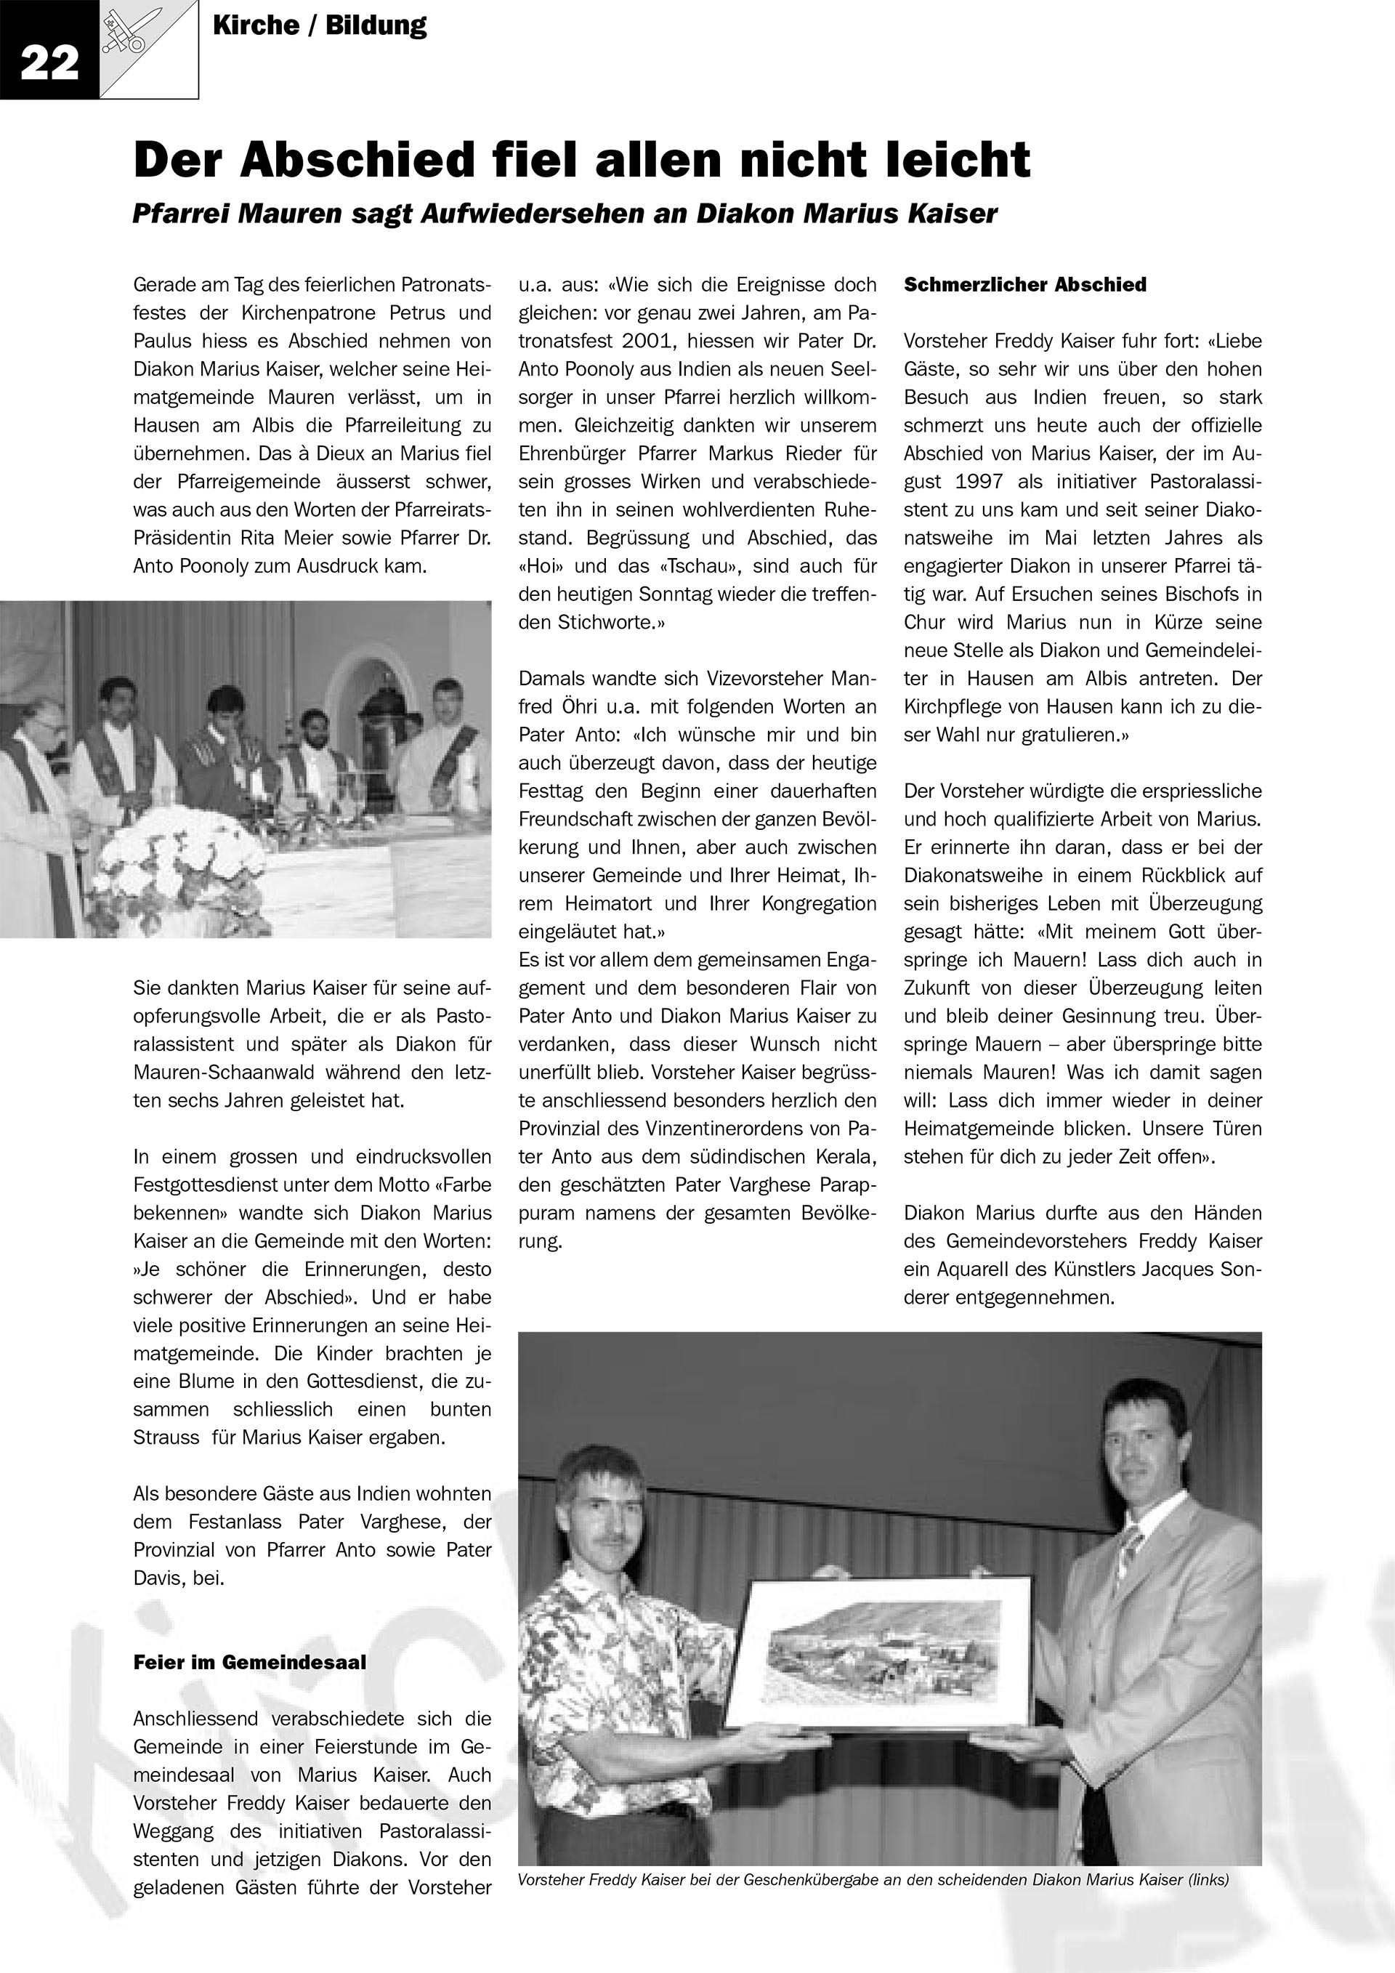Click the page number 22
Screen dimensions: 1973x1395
(x=49, y=64)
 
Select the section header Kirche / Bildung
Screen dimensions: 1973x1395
(x=319, y=25)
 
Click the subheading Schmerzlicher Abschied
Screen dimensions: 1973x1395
(x=1024, y=286)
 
